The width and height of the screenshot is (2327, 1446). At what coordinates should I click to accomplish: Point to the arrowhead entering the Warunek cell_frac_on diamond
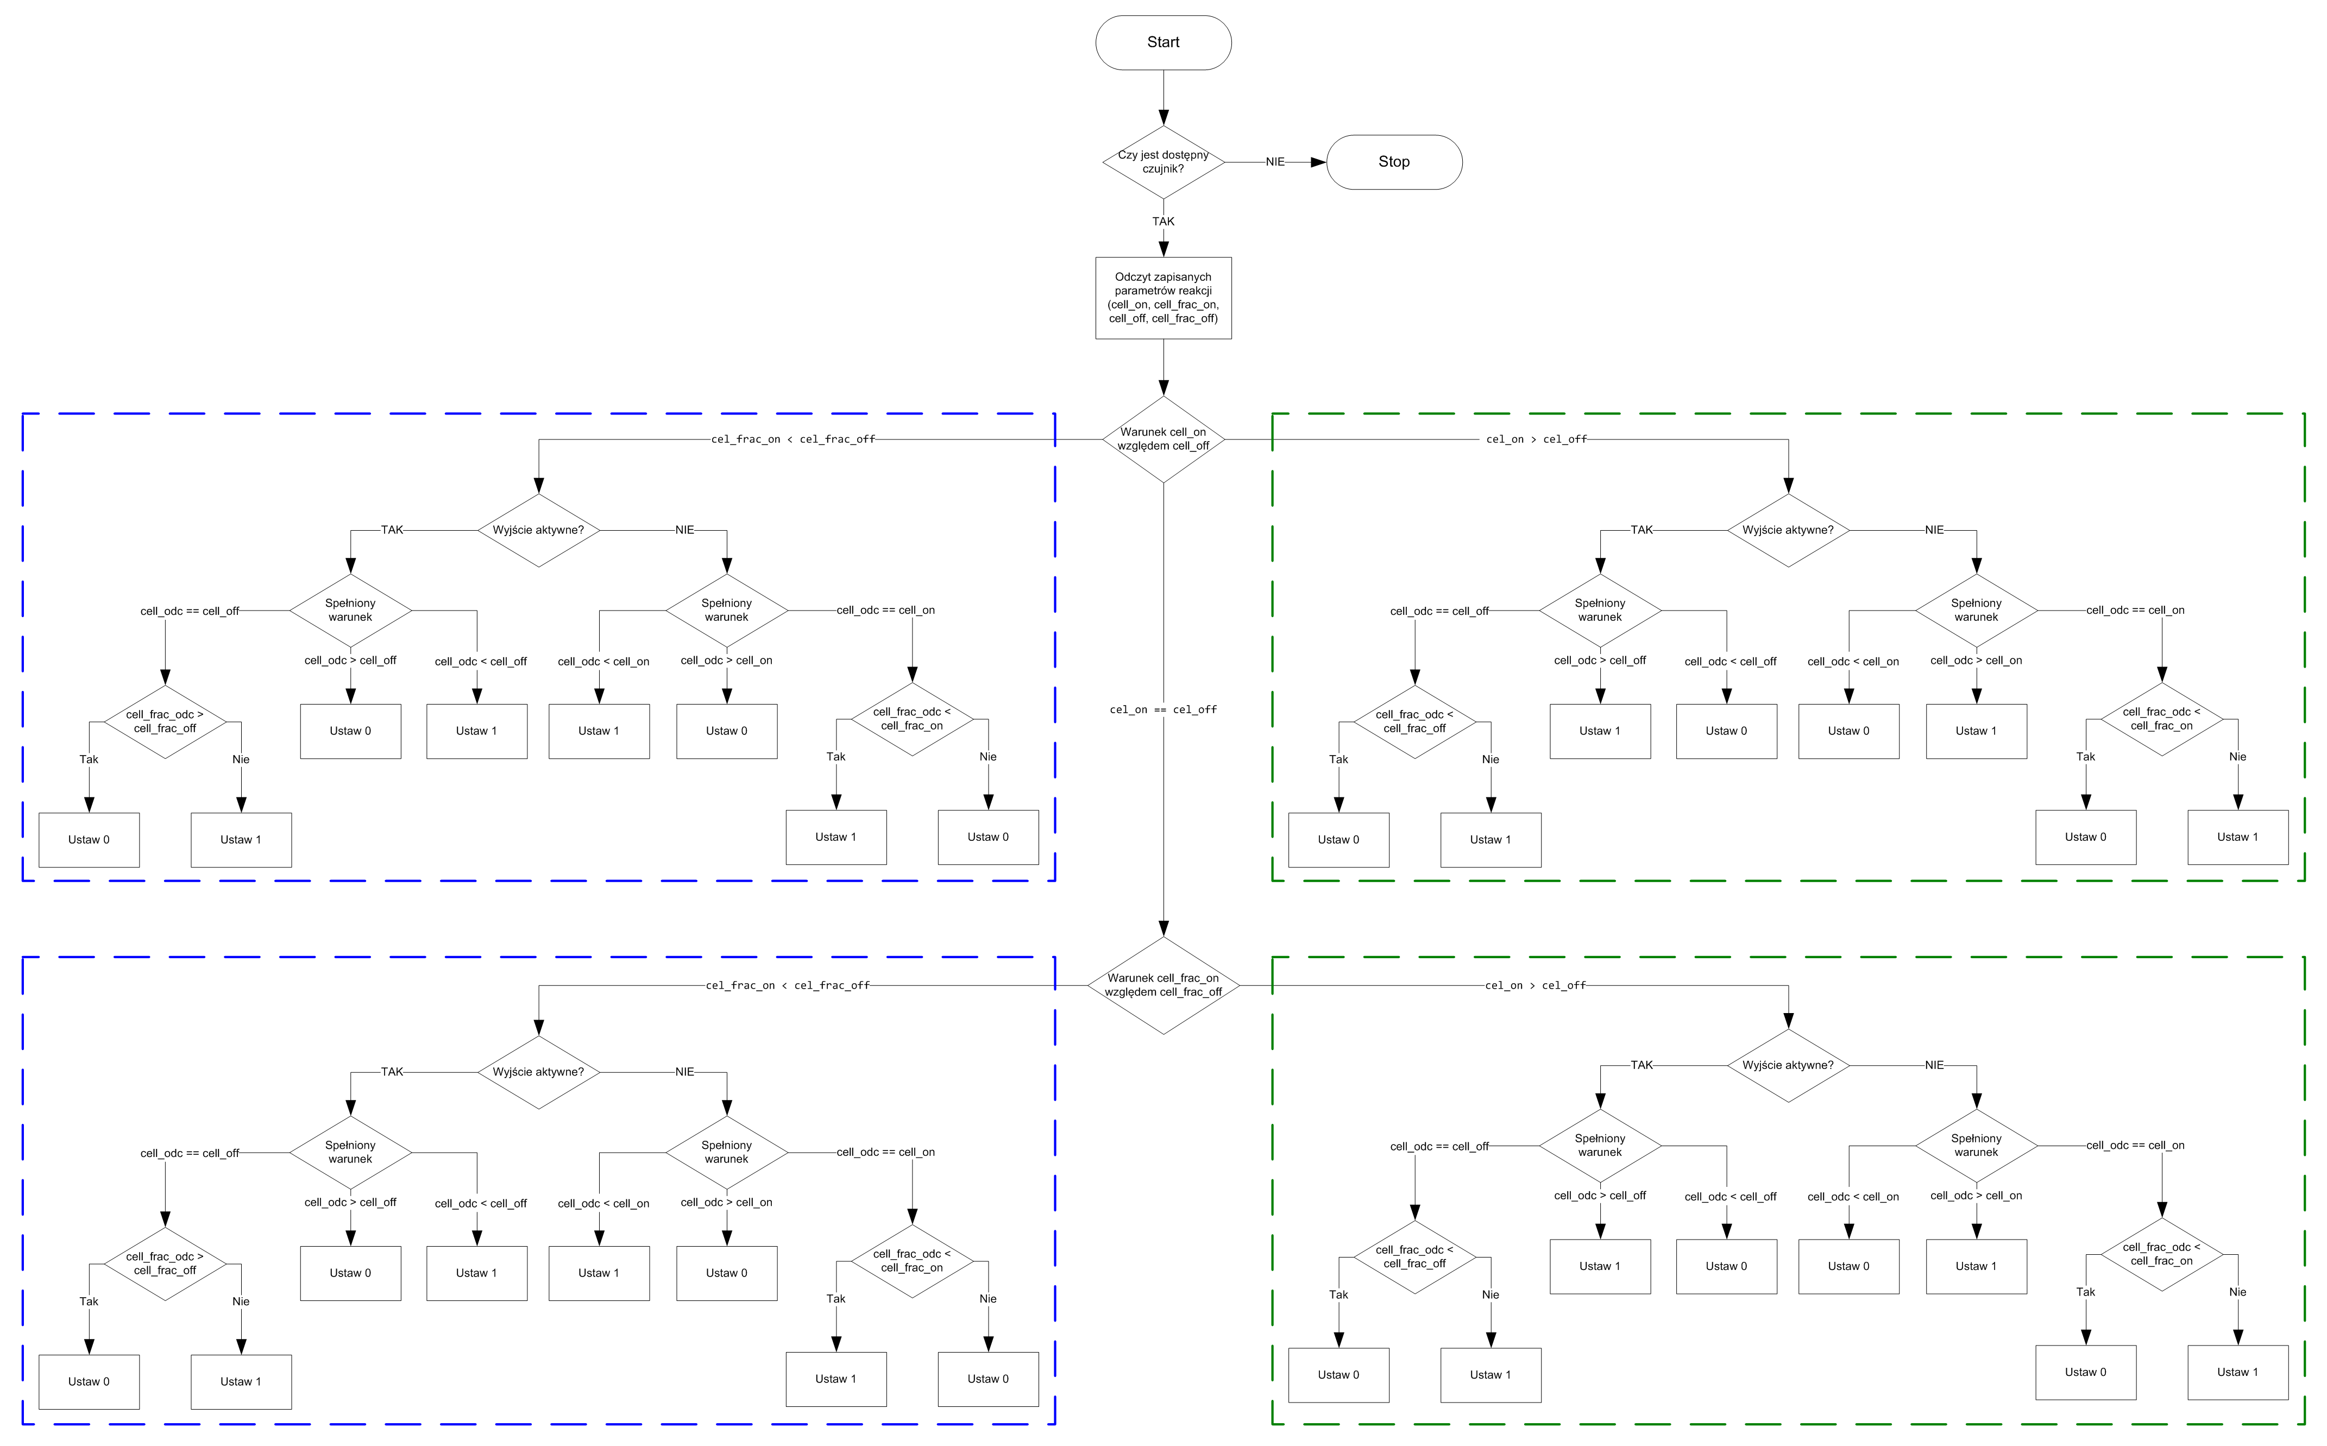[1163, 929]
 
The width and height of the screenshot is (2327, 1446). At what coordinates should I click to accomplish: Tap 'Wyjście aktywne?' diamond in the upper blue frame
[538, 530]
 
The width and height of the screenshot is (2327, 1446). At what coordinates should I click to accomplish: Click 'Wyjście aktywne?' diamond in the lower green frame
[1788, 1065]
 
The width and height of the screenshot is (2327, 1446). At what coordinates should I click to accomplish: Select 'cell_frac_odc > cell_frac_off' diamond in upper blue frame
[165, 722]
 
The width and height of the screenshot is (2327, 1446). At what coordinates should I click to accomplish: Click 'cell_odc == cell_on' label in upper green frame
[2135, 610]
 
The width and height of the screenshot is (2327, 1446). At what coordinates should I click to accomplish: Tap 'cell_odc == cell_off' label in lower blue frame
[189, 1153]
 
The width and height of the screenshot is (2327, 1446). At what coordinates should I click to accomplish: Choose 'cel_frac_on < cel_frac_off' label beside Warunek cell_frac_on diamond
[787, 985]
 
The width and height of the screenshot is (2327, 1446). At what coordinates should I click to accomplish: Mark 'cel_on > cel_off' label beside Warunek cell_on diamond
[1536, 439]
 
